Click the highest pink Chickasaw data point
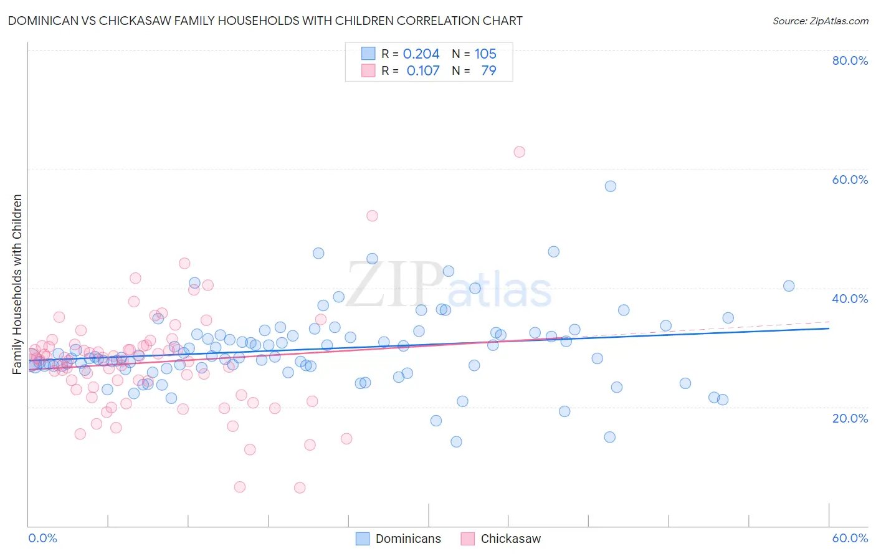pyautogui.click(x=519, y=152)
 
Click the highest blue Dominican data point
pyautogui.click(x=611, y=186)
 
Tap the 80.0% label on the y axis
pyautogui.click(x=850, y=60)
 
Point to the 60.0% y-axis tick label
pyautogui.click(x=850, y=180)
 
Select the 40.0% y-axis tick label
pyautogui.click(x=850, y=299)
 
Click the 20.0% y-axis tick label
pyautogui.click(x=850, y=418)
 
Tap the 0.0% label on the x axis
pyautogui.click(x=43, y=538)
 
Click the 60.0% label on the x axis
pyautogui.click(x=850, y=538)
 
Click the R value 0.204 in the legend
pyautogui.click(x=421, y=54)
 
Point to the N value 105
pyautogui.click(x=485, y=54)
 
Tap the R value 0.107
pyautogui.click(x=423, y=71)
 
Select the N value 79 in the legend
pyautogui.click(x=488, y=71)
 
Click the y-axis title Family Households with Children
pyautogui.click(x=17, y=284)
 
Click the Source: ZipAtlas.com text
pyautogui.click(x=820, y=21)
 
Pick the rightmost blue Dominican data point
pyautogui.click(x=789, y=286)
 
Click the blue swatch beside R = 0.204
pyautogui.click(x=368, y=54)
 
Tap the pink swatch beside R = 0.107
pyautogui.click(x=368, y=70)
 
